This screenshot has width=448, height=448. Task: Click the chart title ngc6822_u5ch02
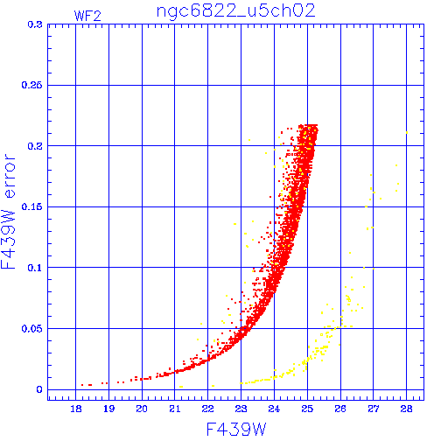coord(236,12)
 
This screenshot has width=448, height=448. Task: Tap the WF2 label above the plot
coord(87,16)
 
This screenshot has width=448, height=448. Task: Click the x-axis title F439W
coord(236,430)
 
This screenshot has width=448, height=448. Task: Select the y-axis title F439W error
coord(9,211)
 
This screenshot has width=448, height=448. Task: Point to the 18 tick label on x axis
coord(76,409)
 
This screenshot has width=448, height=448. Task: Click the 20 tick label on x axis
coord(142,409)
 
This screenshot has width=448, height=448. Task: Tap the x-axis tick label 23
coord(241,409)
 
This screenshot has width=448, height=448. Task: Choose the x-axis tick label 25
coord(307,409)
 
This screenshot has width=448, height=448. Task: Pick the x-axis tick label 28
coord(406,409)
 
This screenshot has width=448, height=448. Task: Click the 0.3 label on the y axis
coord(35,24)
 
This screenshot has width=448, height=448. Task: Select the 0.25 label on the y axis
coord(31,85)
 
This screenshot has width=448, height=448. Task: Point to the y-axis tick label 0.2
coord(35,146)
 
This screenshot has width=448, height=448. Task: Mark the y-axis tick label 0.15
coord(31,206)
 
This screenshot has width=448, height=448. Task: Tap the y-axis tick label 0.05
coord(31,329)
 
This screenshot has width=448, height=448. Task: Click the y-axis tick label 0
coord(39,389)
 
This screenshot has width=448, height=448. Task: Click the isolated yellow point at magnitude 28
coord(407,133)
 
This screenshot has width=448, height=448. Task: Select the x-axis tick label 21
coord(175,409)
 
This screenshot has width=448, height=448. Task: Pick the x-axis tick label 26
coord(340,409)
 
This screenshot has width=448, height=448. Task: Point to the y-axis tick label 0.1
coord(35,268)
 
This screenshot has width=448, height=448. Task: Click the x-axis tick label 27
coord(374,409)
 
